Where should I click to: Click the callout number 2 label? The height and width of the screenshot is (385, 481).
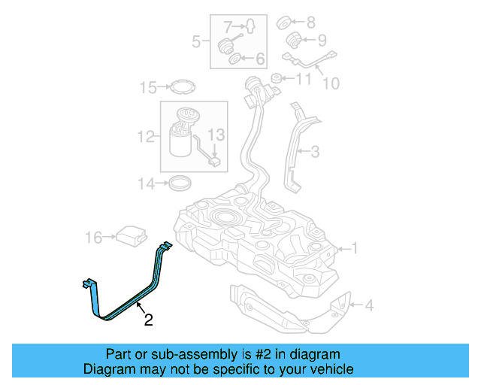[x=148, y=320]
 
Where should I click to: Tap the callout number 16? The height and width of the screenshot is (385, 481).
[x=93, y=238]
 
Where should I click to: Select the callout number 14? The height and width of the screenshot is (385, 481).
[x=146, y=183]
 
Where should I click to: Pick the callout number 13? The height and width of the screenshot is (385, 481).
[x=216, y=135]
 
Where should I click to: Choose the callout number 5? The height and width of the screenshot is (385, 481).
[x=196, y=41]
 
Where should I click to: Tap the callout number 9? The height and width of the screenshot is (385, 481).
[x=322, y=40]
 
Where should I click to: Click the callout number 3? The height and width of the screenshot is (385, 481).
[x=314, y=152]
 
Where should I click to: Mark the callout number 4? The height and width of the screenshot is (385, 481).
[x=368, y=305]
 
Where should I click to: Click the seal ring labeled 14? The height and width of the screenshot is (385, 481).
[x=180, y=181]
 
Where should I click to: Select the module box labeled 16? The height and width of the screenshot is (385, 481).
[x=129, y=236]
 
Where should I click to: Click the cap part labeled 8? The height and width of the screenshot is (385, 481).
[x=286, y=22]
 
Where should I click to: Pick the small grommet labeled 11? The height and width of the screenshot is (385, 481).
[x=276, y=77]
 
